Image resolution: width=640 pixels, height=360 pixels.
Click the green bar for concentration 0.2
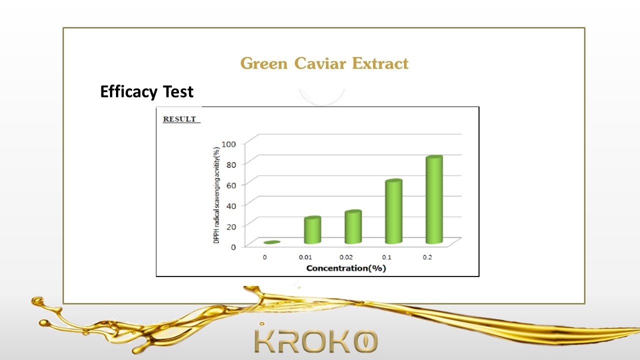434,199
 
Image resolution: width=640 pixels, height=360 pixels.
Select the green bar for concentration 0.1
393,211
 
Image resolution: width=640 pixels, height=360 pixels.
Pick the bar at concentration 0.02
353,227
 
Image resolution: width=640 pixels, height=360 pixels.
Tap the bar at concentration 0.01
312,230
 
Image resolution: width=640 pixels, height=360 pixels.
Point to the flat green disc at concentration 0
272,242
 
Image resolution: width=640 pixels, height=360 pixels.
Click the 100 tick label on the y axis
229,144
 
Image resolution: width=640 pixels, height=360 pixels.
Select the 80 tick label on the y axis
231,164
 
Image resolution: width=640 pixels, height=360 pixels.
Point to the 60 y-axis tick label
231,185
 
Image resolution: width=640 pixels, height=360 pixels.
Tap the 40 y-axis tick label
231,206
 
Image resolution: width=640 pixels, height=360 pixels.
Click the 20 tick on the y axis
231,226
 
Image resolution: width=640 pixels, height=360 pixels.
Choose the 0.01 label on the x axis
305,257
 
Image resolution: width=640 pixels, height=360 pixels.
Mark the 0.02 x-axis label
346,257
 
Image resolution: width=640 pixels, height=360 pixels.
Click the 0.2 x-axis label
427,257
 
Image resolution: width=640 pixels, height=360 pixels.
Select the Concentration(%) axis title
346,268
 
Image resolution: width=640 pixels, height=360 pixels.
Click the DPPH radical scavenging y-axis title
216,195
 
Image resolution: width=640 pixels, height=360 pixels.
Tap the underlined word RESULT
179,119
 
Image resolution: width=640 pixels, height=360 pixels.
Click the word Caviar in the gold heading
320,63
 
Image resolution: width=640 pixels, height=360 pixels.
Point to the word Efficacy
129,91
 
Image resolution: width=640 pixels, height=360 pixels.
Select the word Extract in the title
380,63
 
